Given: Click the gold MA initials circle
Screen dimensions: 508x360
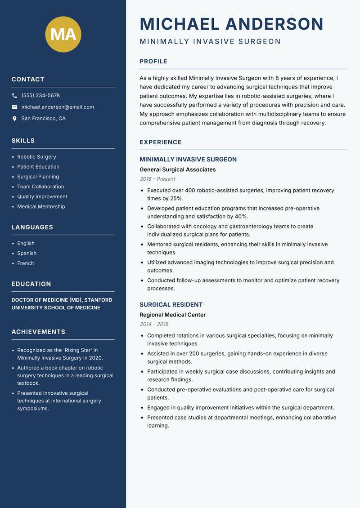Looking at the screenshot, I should (63, 34).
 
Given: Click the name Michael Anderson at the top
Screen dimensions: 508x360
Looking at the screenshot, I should (231, 24).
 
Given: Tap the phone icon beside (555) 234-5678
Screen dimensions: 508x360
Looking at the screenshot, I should (15, 96).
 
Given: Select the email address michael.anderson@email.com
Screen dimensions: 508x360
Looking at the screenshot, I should (58, 107).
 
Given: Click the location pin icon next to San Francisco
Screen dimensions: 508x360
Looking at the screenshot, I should (15, 119).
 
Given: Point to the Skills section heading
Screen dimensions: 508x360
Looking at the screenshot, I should (23, 141).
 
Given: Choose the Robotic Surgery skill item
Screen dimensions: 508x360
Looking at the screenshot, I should (36, 157).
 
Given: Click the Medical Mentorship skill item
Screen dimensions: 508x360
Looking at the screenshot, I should (41, 207).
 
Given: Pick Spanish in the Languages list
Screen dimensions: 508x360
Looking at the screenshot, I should (27, 254).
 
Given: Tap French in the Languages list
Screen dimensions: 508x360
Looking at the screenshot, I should (25, 263).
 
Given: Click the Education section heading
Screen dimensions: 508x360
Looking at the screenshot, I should (31, 284).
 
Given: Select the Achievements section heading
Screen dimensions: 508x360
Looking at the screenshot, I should (38, 332).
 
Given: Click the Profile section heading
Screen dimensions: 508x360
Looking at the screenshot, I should (153, 62).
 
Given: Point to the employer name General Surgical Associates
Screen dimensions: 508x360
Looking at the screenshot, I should (177, 170).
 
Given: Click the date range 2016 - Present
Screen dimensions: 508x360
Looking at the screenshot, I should (157, 179).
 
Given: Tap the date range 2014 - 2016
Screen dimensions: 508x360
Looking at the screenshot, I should (153, 324).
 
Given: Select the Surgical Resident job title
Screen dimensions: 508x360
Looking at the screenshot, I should (171, 305).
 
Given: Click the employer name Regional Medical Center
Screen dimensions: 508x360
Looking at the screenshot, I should (172, 315).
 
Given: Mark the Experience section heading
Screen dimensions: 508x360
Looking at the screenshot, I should (160, 143).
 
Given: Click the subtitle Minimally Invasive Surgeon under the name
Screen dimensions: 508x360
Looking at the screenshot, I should (210, 42).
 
